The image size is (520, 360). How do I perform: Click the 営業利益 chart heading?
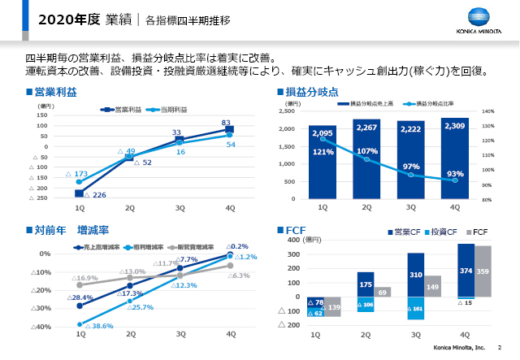pyautogui.click(x=54, y=93)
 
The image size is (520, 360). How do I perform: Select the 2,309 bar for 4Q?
pyautogui.click(x=454, y=158)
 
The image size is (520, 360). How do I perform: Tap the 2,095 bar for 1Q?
pyautogui.click(x=323, y=163)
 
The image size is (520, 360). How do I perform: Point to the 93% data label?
pyautogui.click(x=455, y=174)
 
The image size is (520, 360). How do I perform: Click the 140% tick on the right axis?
pyautogui.click(x=487, y=111)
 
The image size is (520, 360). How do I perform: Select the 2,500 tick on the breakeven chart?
pyautogui.click(x=287, y=111)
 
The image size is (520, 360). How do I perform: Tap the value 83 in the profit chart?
pyautogui.click(x=226, y=123)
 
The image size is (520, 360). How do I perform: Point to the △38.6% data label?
pyautogui.click(x=96, y=326)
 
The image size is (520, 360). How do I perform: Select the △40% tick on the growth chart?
pyautogui.click(x=41, y=327)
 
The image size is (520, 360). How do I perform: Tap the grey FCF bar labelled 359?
pyautogui.click(x=483, y=271)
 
